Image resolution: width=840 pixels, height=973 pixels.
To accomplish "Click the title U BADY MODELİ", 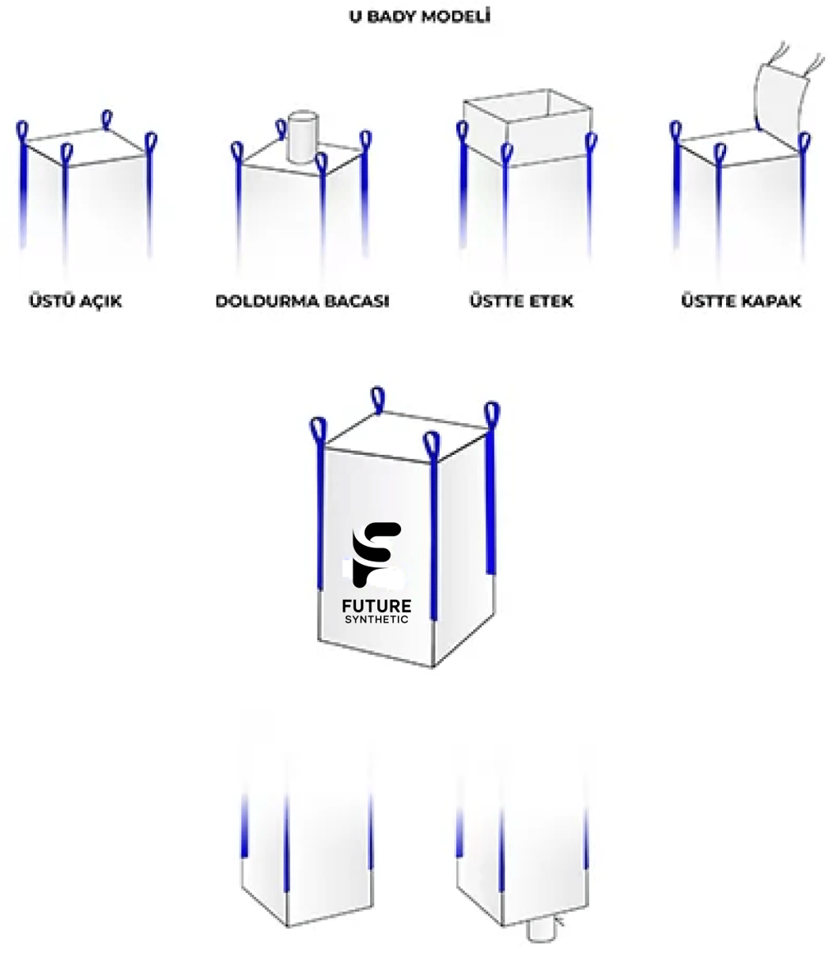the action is (420, 16).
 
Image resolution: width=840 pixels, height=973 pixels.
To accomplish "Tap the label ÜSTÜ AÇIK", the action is (75, 301).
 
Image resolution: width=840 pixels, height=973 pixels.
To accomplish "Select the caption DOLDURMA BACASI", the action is (303, 301).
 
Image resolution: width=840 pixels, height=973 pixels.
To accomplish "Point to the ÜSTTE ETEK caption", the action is (521, 301).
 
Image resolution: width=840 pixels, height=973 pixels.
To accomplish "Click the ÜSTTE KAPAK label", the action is (742, 301).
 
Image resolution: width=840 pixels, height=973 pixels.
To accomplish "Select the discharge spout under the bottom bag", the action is (541, 930).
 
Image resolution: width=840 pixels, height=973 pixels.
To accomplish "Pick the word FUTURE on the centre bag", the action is (377, 606).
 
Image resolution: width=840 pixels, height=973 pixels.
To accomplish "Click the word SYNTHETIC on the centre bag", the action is (377, 620).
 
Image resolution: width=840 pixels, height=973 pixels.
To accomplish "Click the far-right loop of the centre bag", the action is (491, 416).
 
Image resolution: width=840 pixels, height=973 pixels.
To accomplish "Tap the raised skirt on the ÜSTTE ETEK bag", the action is (527, 127).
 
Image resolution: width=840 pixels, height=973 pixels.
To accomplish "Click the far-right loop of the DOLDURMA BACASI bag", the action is (367, 142).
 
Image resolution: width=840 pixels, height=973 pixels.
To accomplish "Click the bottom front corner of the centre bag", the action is (433, 667).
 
